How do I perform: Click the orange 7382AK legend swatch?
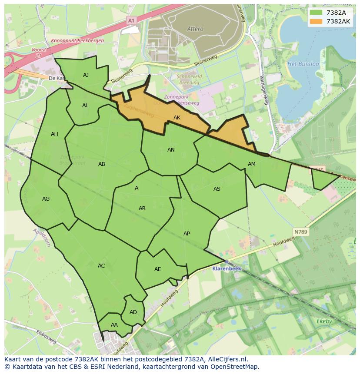tap(317, 21)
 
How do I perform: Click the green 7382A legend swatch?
tap(317, 13)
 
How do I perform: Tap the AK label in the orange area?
tap(177, 118)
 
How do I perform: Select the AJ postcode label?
tap(86, 75)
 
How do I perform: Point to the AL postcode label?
tap(85, 106)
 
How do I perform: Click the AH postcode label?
tap(54, 134)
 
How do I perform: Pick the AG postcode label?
tap(46, 199)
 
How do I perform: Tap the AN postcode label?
tap(171, 150)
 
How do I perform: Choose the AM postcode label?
tap(252, 164)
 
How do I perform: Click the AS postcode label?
tap(217, 189)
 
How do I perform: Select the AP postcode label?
tap(187, 234)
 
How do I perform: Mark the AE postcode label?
tap(157, 269)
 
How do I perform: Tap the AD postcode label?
tap(133, 312)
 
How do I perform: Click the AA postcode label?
tap(114, 325)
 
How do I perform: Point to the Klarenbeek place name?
tap(227, 268)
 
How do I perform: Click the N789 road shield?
tap(300, 232)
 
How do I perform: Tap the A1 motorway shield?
tap(131, 20)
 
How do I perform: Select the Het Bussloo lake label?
tap(303, 64)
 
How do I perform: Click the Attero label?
tap(195, 29)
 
